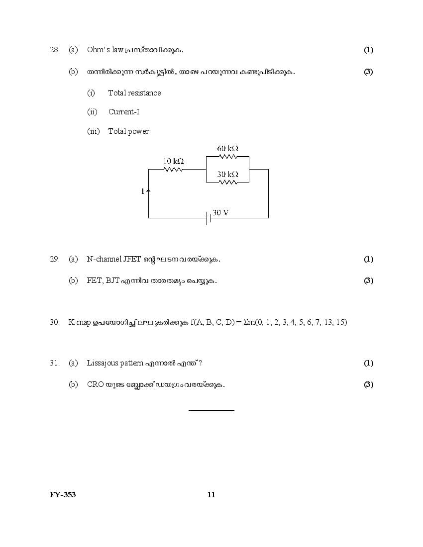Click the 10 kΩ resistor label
[173, 161]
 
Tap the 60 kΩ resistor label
[227, 148]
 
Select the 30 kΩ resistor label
[227, 174]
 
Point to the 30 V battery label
[220, 212]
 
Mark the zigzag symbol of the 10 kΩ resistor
[173, 169]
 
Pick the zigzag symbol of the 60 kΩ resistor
[227, 156]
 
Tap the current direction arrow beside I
[148, 190]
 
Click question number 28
[55, 50]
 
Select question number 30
[55, 322]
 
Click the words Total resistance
[134, 93]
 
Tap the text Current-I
[124, 112]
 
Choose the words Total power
[128, 131]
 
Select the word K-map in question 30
[80, 322]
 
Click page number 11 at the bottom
[211, 494]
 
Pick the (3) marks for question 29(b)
[368, 280]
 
